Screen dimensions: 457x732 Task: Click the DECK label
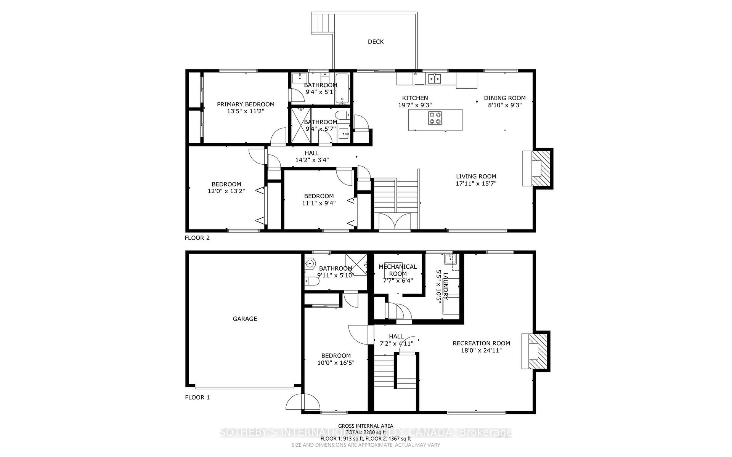coord(376,42)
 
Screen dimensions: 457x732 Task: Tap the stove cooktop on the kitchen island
coord(435,118)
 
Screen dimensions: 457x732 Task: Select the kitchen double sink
coord(434,79)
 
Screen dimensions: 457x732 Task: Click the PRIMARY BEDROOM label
coord(246,104)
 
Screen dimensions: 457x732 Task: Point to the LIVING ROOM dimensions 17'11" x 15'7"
coord(476,183)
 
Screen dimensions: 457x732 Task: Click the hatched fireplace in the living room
coord(541,168)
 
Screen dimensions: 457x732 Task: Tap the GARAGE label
coord(245,319)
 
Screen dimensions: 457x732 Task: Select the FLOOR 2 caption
coord(197,238)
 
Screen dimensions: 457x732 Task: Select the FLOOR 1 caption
coord(197,397)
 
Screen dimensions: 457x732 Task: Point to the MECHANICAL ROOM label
coord(398,270)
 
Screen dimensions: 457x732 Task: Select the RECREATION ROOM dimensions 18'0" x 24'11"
coord(481,350)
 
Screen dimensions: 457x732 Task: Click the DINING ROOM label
coord(504,98)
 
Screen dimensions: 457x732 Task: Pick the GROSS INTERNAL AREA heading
coord(365,426)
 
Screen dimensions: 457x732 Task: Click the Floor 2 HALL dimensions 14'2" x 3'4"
coord(312,160)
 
